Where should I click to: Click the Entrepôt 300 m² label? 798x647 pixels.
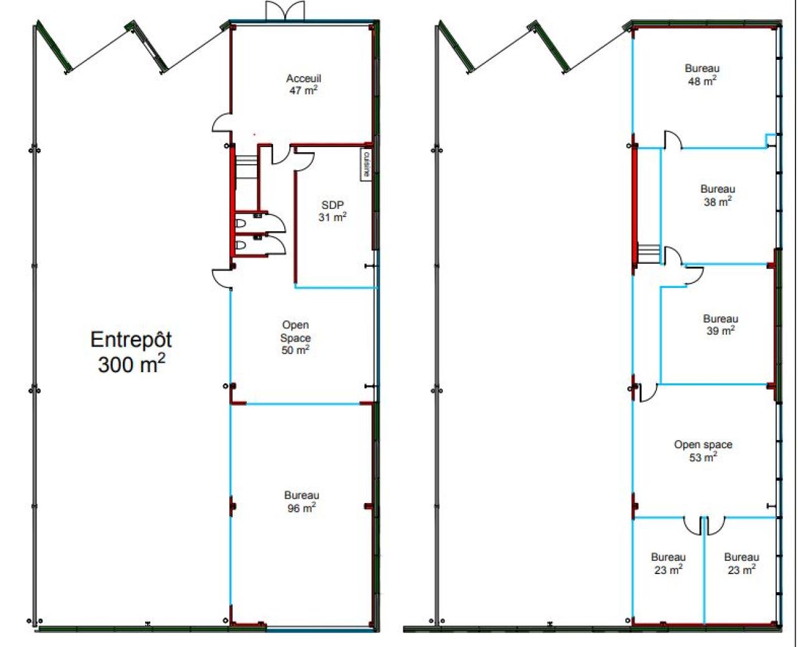[x=131, y=352]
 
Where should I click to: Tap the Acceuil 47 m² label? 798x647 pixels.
[x=304, y=84]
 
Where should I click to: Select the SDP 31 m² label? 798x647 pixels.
[x=332, y=211]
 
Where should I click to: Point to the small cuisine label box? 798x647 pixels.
[x=366, y=165]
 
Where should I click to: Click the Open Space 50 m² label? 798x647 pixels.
[x=296, y=337]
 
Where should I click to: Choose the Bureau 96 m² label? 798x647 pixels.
[x=302, y=501]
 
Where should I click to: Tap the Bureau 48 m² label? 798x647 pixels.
[x=702, y=75]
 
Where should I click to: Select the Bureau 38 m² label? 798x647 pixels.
[x=718, y=195]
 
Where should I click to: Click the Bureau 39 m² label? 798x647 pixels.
[x=721, y=325]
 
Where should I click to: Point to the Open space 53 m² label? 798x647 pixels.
[x=703, y=451]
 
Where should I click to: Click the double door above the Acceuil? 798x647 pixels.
[x=285, y=10]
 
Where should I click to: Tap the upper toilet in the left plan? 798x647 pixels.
[x=240, y=224]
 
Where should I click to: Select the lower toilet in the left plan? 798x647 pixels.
[x=240, y=246]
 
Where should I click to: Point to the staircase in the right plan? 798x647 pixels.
[x=648, y=253]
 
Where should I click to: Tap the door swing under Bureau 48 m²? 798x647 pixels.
[x=673, y=140]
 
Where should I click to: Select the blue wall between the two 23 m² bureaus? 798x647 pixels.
[x=704, y=571]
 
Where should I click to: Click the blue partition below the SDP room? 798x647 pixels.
[x=336, y=288]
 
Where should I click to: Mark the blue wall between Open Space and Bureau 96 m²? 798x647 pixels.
[x=303, y=404]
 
